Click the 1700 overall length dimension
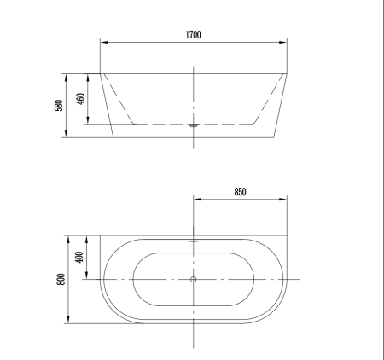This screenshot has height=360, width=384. (x=194, y=35)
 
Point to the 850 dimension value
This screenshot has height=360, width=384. (x=240, y=192)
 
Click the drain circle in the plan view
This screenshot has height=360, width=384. (x=194, y=280)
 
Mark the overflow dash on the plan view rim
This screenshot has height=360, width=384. (x=194, y=241)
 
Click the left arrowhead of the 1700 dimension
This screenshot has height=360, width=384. (x=102, y=43)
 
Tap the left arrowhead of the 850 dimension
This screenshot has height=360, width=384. (x=196, y=200)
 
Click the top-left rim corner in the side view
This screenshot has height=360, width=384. (x=102, y=73)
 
